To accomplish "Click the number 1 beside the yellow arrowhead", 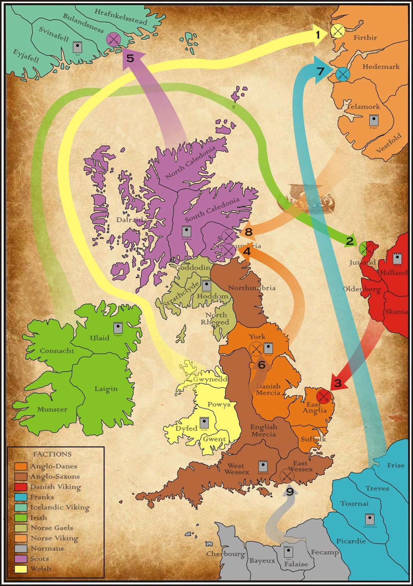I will (318, 35).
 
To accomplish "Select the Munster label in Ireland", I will (52, 409).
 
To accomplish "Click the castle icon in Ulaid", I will (118, 327).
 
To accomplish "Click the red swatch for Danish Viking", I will (21, 487).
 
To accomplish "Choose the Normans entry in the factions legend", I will (47, 548).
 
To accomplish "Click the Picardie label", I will (351, 541).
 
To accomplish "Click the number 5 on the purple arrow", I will (131, 58).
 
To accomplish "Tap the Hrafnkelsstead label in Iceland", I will (121, 16).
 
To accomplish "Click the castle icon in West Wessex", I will (263, 466).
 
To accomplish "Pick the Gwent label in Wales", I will (214, 439).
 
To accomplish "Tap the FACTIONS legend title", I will (52, 454).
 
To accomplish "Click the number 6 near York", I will (261, 365).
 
